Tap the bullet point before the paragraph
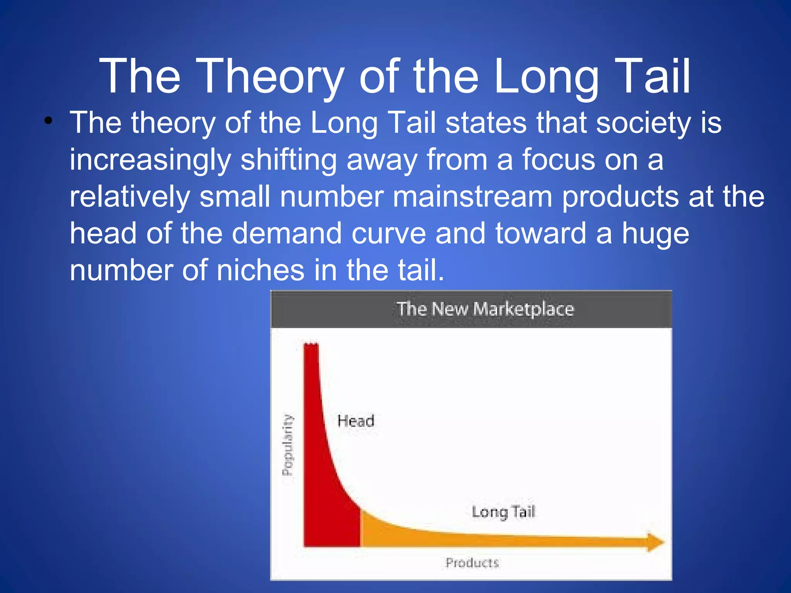[x=48, y=120]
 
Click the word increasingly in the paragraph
[x=150, y=160]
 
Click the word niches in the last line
[x=260, y=270]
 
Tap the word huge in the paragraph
[x=655, y=234]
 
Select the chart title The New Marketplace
[x=485, y=309]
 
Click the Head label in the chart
[x=356, y=421]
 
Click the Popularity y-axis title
[x=288, y=445]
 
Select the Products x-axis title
[x=472, y=563]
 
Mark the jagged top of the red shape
[x=311, y=344]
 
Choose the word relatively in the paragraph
[x=129, y=197]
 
